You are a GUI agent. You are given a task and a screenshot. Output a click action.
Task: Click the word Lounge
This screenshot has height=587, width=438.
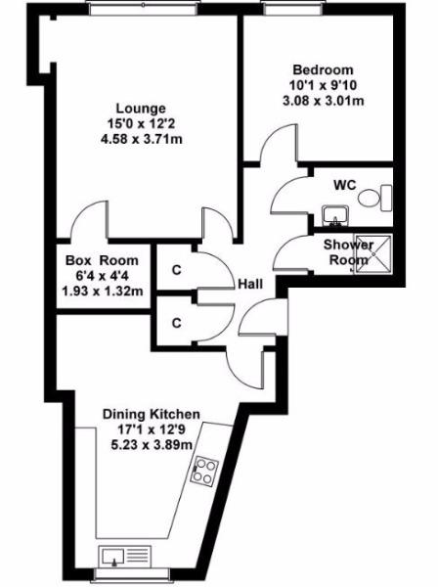coord(141,109)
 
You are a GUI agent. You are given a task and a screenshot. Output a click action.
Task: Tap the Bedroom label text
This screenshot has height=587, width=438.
coord(323,69)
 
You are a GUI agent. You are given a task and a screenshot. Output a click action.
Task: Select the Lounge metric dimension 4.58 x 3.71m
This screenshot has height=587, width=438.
coord(142,139)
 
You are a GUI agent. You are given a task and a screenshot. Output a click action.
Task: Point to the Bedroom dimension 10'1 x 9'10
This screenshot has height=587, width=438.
coord(323,85)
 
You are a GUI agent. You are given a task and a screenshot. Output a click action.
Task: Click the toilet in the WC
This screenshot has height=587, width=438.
coord(374,198)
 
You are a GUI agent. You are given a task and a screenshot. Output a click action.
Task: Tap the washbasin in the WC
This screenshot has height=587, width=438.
coord(335,216)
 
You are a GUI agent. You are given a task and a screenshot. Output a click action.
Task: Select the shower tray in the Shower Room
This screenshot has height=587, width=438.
coord(372,253)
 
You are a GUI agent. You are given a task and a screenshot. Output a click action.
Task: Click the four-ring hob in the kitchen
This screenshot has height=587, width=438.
coord(205,471)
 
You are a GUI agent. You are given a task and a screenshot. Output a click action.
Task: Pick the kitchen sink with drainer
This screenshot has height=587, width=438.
coord(125,557)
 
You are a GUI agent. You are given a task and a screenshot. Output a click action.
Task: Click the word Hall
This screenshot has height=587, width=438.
coord(250,284)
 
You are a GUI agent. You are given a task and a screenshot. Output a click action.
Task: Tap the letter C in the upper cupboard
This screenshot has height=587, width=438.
coord(177,270)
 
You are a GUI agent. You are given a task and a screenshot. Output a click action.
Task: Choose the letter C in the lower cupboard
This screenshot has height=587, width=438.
coord(177,323)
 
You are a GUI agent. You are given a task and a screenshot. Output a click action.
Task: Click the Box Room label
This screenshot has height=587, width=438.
coord(102,260)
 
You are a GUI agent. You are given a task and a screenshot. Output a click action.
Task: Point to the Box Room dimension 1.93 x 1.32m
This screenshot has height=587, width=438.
coord(103,291)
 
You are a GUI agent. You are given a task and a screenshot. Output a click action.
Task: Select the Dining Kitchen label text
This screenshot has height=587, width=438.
coord(152,415)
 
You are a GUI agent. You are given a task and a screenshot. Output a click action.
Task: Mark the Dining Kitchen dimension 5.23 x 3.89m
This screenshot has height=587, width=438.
coord(152,445)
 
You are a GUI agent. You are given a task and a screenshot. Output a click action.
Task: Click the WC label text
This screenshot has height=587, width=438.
coord(345,185)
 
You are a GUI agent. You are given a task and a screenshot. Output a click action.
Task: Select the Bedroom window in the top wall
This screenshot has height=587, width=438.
coord(293,10)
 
